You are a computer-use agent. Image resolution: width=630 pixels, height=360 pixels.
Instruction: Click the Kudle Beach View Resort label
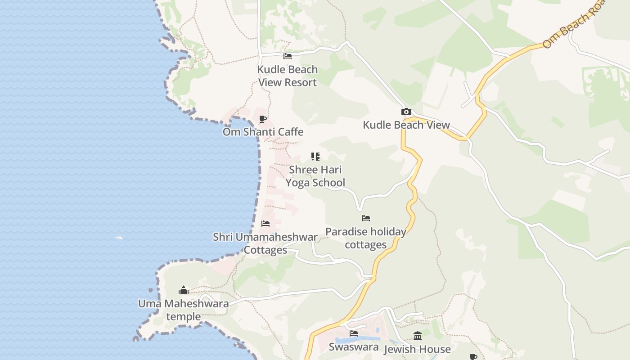287,76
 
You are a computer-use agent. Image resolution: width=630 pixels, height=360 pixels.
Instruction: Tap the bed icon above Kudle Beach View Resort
288,56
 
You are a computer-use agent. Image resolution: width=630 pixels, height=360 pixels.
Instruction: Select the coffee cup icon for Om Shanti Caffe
263,119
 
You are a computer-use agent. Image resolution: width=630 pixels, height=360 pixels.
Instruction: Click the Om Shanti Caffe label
263,132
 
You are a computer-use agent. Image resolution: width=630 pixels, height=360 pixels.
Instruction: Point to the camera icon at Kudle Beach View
406,112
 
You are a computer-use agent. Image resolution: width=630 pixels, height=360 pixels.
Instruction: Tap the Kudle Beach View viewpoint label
406,125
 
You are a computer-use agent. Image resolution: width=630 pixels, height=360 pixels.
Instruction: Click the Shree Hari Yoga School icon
315,157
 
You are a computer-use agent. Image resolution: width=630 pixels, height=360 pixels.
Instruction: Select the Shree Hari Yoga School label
315,176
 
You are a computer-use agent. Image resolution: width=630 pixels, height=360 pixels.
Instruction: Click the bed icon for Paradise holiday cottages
366,218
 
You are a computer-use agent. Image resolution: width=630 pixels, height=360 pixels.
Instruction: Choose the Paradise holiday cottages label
365,238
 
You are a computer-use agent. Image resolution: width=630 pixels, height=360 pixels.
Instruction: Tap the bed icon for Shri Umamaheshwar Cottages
265,224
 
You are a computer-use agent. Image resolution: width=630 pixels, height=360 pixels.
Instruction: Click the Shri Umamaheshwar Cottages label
265,243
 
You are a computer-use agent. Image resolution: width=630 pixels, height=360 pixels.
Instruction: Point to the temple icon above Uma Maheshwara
183,290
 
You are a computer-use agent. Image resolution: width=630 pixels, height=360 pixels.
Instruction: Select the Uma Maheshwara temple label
183,310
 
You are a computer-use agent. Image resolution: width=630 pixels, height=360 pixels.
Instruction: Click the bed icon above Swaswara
354,333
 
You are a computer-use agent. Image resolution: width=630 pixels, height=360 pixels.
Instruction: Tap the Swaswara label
353,347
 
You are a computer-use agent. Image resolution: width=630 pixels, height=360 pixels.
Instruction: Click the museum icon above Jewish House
417,336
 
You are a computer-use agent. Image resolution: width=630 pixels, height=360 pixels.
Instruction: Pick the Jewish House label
417,349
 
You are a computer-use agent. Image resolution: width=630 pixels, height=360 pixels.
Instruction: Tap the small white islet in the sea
119,238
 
